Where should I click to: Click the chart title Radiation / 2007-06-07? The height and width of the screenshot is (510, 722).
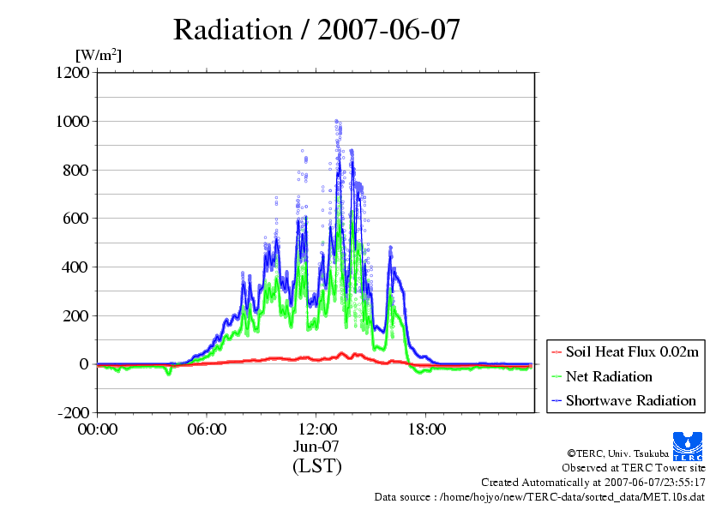click(317, 30)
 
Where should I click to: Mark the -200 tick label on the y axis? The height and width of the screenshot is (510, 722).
click(73, 413)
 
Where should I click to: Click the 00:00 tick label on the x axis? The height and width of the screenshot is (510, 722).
click(98, 429)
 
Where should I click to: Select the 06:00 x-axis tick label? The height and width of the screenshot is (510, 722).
click(208, 429)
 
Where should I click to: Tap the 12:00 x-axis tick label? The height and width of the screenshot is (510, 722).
click(317, 429)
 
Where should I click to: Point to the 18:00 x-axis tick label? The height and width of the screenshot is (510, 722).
click(427, 429)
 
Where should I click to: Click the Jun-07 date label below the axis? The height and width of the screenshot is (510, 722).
click(317, 447)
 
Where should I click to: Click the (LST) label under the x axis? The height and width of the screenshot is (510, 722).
click(317, 466)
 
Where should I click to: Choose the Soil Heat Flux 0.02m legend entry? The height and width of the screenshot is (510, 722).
click(627, 352)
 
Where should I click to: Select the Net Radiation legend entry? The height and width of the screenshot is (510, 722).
click(608, 376)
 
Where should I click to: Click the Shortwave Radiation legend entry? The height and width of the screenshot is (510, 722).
click(630, 400)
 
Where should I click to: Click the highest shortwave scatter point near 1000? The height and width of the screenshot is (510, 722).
click(336, 121)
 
